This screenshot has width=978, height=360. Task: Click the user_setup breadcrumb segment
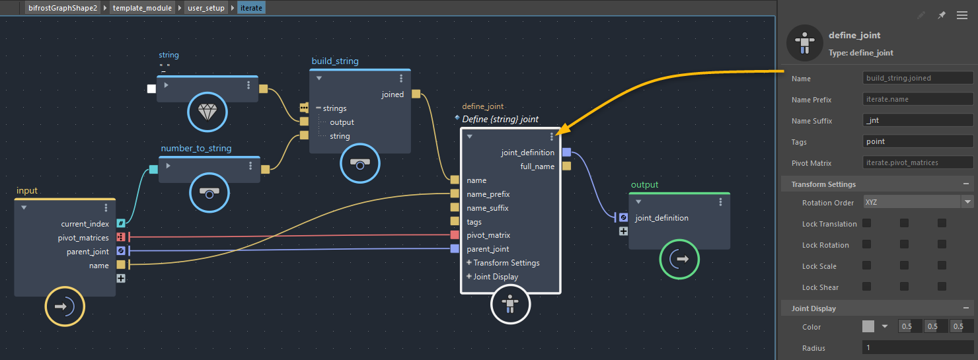tap(206, 8)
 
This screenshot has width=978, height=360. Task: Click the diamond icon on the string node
tap(207, 113)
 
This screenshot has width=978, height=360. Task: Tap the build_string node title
tap(335, 61)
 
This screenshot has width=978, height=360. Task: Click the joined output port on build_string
tap(416, 94)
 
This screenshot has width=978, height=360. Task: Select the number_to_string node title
tap(196, 148)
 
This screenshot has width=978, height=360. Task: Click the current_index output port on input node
tap(121, 224)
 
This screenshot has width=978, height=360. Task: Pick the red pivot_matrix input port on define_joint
tap(455, 235)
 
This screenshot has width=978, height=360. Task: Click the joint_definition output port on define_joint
tap(566, 153)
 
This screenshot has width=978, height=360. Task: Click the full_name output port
tap(566, 166)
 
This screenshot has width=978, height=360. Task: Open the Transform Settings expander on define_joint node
tap(469, 263)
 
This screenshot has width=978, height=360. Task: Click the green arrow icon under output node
tap(679, 259)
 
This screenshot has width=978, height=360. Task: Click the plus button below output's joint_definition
tap(623, 231)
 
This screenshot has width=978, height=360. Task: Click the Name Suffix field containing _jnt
tap(917, 120)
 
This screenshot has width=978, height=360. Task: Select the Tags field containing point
tap(917, 141)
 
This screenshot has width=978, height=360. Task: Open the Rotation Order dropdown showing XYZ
tap(917, 202)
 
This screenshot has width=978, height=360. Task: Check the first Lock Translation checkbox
tap(866, 223)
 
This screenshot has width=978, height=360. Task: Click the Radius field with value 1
tap(917, 347)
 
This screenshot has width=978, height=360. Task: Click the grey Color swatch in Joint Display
tap(868, 326)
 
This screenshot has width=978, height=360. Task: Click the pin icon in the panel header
tap(942, 15)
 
